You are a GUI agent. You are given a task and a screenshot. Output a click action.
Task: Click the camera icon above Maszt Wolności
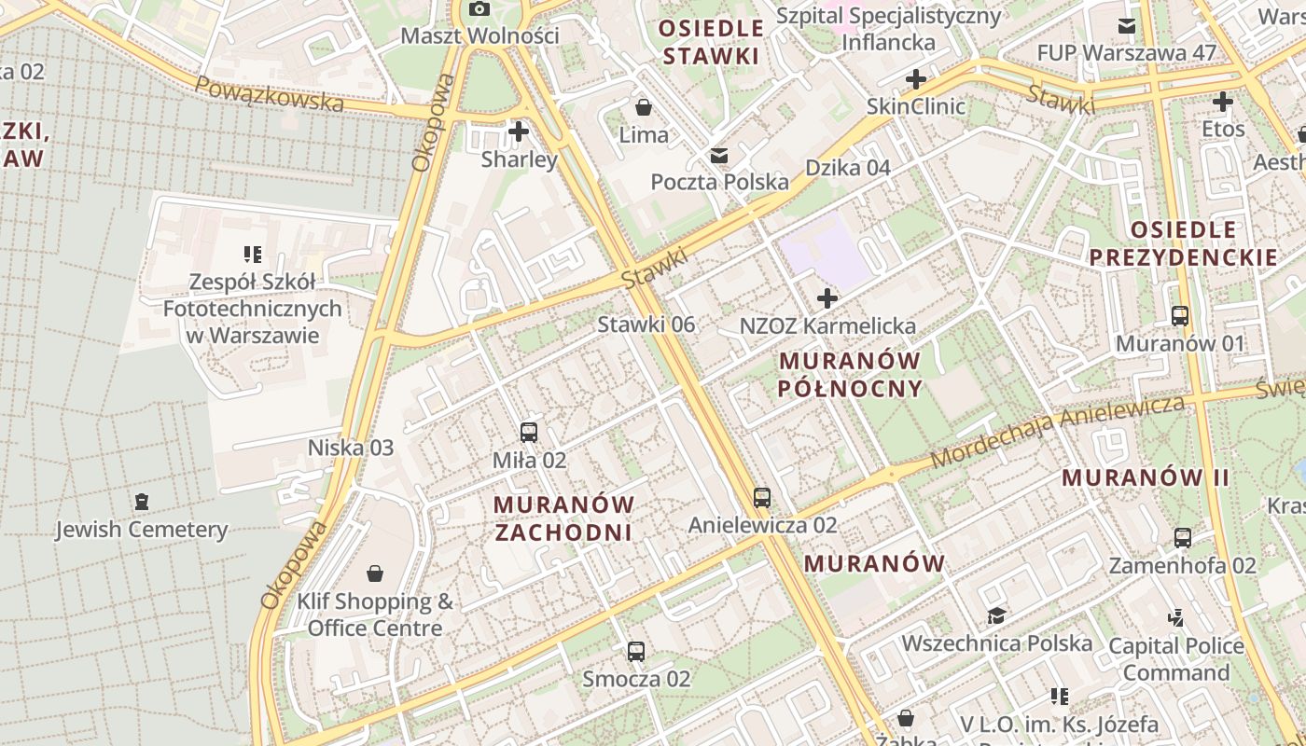[479, 9]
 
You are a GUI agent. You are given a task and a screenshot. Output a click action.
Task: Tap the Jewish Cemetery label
[141, 530]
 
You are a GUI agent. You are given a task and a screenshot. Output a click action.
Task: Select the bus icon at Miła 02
[529, 433]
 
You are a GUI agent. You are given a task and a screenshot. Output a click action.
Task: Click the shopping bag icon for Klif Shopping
[375, 573]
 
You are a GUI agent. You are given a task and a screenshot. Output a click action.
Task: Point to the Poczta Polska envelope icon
[719, 155]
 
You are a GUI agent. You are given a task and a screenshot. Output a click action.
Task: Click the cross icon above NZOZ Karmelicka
[827, 299]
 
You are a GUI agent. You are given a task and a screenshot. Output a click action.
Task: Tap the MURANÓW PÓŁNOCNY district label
[850, 374]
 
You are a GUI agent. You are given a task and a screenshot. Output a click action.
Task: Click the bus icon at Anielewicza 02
[762, 498]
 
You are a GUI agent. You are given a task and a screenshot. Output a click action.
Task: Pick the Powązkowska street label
[269, 93]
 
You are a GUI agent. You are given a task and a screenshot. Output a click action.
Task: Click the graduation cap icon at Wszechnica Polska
[996, 616]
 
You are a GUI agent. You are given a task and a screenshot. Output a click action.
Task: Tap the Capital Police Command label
[1175, 658]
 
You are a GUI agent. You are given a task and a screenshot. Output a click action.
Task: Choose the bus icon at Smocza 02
[636, 652]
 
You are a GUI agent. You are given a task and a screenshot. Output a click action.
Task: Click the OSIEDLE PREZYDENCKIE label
[1183, 243]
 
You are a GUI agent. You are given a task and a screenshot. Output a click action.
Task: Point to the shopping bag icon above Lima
[643, 107]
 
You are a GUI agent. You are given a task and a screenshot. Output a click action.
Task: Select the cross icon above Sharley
[519, 131]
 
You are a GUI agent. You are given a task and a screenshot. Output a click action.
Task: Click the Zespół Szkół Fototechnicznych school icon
[252, 254]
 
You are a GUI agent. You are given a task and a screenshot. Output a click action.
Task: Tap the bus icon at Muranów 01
[1180, 316]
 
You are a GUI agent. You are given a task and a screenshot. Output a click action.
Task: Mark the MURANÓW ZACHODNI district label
[563, 518]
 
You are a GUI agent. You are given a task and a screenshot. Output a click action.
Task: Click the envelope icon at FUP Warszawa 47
[1127, 25]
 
